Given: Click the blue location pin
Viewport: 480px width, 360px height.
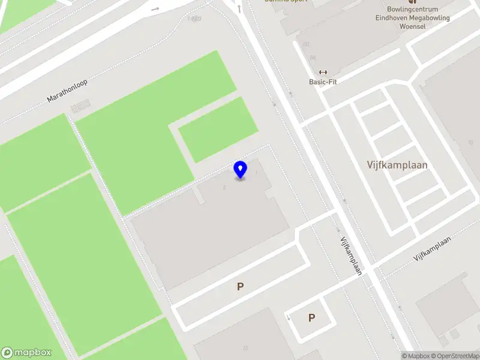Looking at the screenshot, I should pos(240,169).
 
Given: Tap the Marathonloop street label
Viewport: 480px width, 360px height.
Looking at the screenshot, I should pos(67,91).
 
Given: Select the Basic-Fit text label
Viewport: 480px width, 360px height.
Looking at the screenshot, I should pos(323,82).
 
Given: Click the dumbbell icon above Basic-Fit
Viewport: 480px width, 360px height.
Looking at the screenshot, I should pos(323,72).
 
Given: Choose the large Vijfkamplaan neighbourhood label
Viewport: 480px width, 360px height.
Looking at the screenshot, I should pos(397,164).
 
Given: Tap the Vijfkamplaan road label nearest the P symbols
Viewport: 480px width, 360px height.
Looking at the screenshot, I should pos(351,256).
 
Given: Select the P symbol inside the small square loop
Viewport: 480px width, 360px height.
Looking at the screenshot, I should pos(311,317).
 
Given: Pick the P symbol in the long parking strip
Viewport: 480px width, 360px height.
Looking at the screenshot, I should pos(240,287).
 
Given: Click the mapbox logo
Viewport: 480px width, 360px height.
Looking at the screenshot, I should pos(26,353).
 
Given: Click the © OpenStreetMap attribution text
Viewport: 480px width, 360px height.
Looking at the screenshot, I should pos(458,356).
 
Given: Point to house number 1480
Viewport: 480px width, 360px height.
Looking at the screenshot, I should pos(194,19).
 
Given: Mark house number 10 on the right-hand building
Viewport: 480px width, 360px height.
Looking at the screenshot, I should pos(470,143).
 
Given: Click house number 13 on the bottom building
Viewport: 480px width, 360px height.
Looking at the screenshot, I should pos(245,348).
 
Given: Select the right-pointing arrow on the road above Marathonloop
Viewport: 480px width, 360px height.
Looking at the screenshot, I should pos(155,8).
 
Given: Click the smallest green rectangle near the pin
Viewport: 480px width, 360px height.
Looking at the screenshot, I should pos(218,129).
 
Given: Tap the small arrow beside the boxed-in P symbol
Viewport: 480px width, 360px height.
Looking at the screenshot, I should pos(289,317).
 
